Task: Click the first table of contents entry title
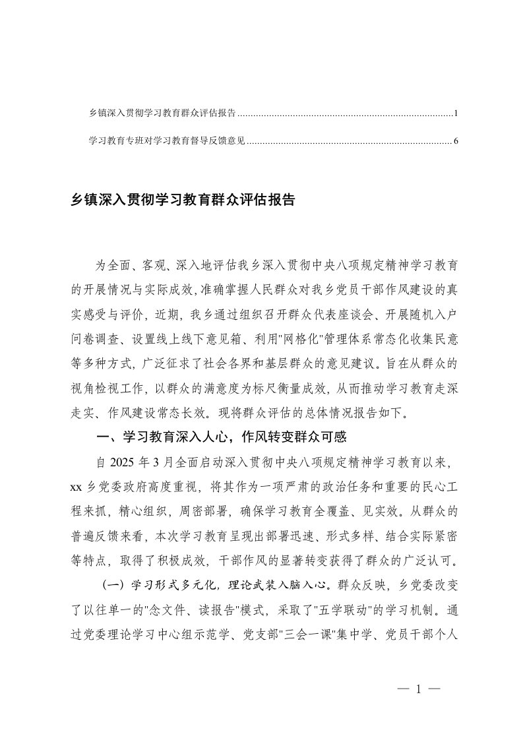pos(162,113)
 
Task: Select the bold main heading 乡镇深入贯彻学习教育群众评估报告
pos(183,200)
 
